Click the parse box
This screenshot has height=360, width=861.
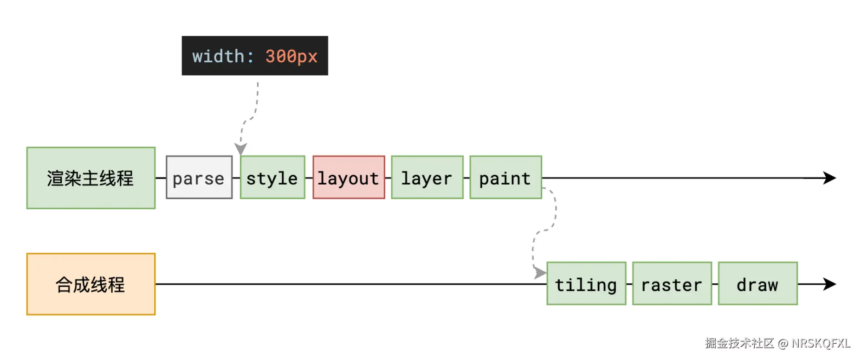(x=199, y=178)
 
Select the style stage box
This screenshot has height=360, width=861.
(x=272, y=178)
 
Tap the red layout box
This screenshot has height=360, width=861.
(x=349, y=178)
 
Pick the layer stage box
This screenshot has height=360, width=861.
(x=427, y=178)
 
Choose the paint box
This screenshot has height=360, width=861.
(x=505, y=178)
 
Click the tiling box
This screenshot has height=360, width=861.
(x=586, y=284)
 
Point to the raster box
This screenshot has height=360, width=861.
(x=672, y=284)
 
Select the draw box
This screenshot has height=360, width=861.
(x=757, y=284)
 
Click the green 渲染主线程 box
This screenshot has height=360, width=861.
(x=91, y=178)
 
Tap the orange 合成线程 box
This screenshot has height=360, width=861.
(x=91, y=284)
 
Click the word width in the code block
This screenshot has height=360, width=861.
(x=218, y=56)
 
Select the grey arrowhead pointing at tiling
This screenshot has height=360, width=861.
(x=540, y=273)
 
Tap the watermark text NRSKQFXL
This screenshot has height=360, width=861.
(x=821, y=343)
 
